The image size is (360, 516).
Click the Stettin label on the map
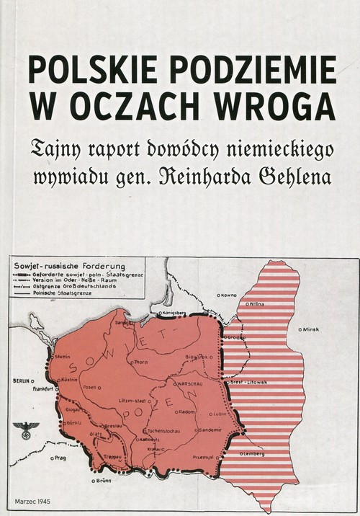63,355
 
